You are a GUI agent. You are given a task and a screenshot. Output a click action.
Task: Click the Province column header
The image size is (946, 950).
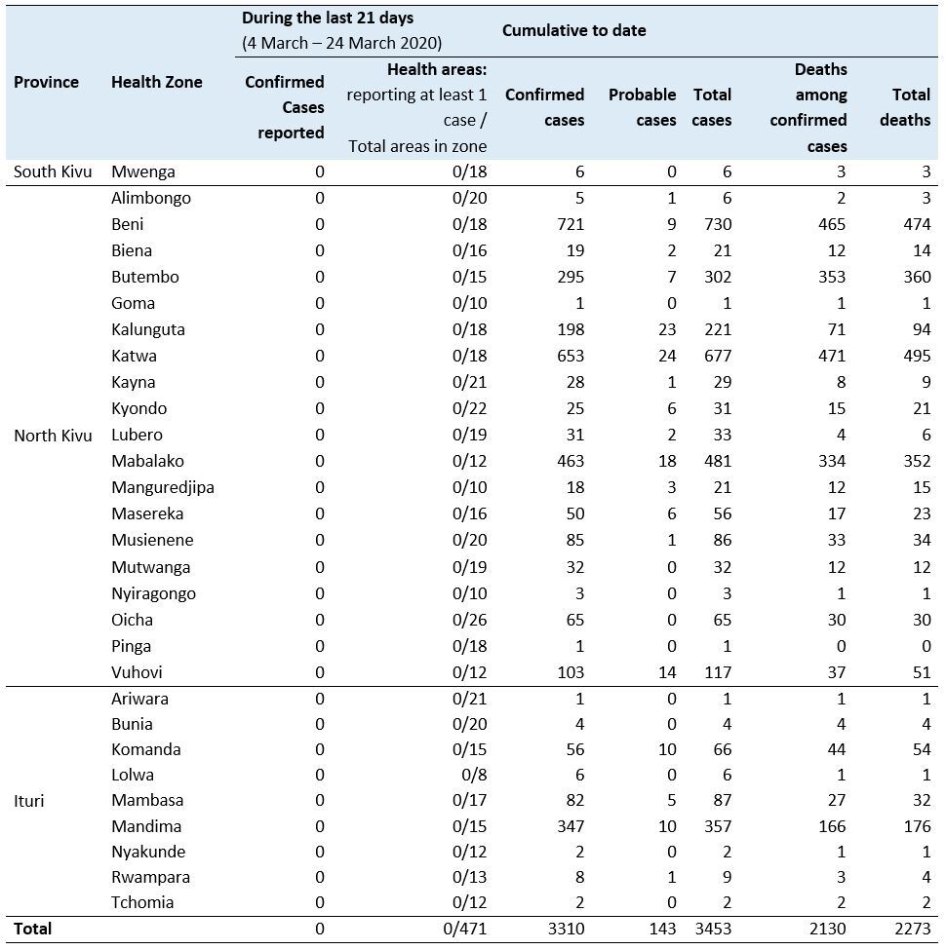pos(46,82)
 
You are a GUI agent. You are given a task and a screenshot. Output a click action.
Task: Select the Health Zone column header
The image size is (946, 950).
pos(157,82)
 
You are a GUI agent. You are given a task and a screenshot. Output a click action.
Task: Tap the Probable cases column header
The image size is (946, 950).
pos(642,107)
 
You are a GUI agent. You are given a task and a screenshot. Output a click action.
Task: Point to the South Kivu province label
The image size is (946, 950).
pos(53,171)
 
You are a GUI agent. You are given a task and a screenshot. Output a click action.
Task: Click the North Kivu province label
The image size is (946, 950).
pos(53,435)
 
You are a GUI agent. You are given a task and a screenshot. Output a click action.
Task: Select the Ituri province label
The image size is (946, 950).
pos(29,801)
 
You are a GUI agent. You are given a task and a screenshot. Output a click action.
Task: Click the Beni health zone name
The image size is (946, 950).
pos(128,224)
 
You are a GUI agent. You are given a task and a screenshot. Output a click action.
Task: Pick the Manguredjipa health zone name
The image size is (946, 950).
pos(163,487)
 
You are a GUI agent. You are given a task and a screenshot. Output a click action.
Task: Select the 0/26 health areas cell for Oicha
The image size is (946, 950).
pos(468,619)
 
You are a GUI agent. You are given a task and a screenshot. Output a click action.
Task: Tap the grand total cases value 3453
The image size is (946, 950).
pos(711,929)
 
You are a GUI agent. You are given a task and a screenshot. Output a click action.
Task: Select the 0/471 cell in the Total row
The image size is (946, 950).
pos(464,929)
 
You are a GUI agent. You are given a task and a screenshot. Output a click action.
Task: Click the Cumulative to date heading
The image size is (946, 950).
pos(573,30)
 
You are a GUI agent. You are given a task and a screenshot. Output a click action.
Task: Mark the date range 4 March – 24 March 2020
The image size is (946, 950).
pos(342,43)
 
